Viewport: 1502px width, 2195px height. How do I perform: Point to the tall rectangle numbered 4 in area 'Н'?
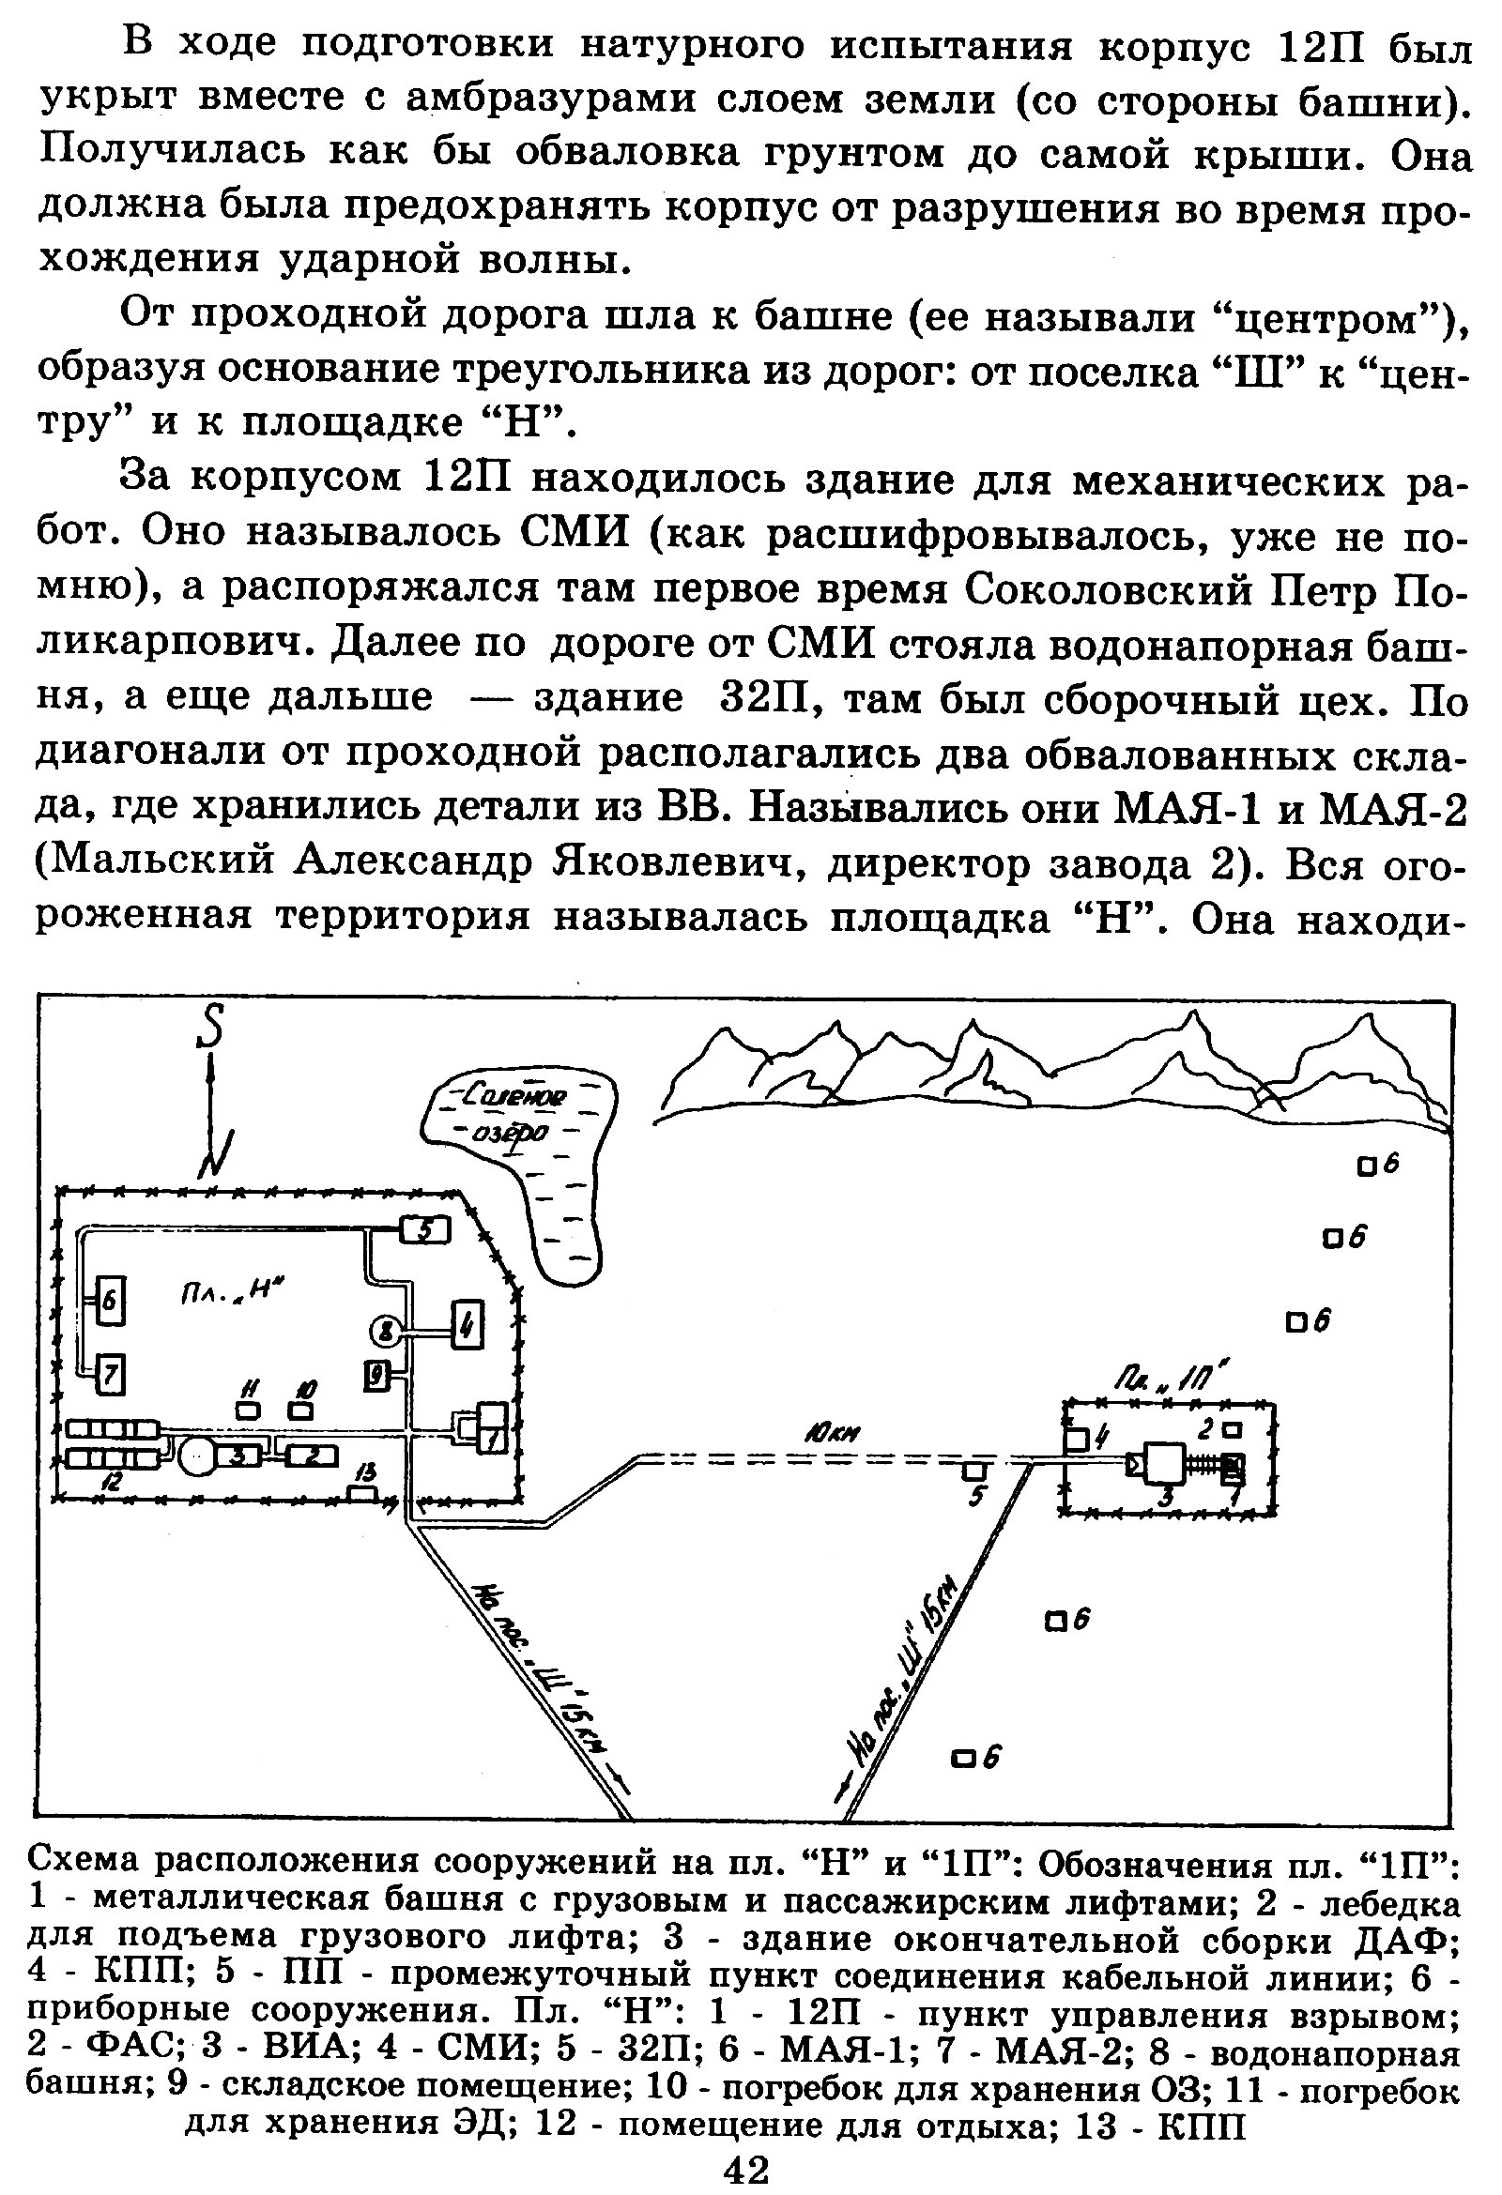[x=466, y=1331]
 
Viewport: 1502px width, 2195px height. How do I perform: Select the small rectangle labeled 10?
[x=302, y=1410]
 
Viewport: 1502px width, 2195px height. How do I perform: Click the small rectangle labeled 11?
[x=248, y=1410]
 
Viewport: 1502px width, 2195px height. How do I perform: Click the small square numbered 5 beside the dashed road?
[x=974, y=1471]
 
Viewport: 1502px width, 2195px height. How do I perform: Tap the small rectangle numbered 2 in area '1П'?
[x=1233, y=1428]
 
